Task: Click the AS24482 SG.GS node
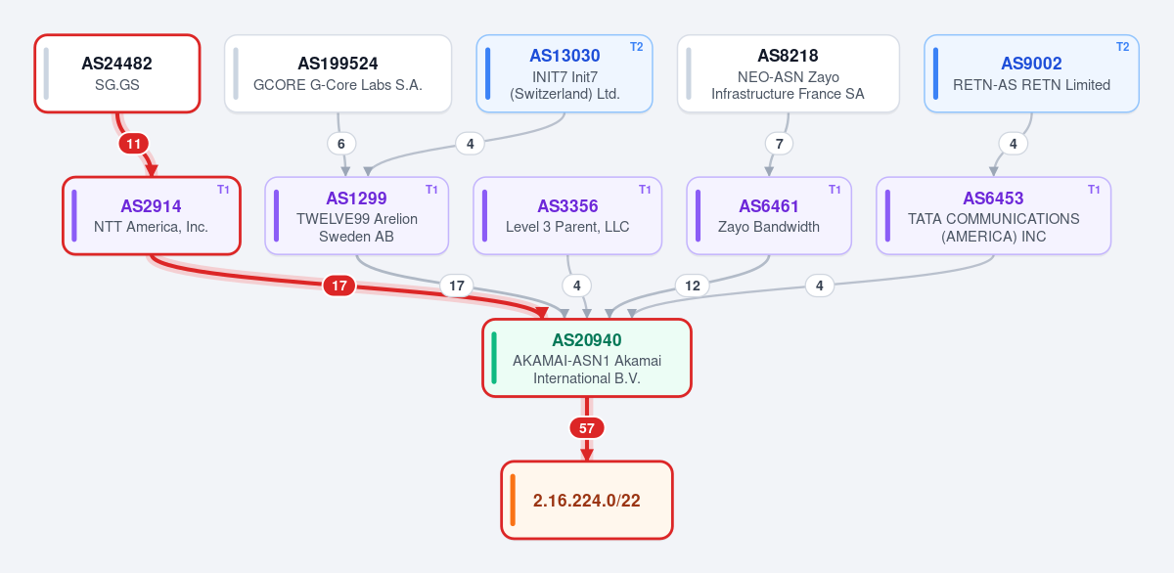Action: (117, 73)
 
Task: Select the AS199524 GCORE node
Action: (339, 73)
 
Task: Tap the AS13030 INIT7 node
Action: (564, 73)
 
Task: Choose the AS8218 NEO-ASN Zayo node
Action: (789, 73)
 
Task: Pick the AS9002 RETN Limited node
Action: (1031, 73)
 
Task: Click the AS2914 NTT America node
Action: (152, 216)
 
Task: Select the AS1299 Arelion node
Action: (356, 216)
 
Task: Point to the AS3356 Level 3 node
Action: (567, 216)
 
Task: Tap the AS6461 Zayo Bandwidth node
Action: (769, 216)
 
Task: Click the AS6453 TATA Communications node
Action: (993, 216)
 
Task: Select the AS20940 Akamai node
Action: (587, 358)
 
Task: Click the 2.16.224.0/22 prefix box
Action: (587, 501)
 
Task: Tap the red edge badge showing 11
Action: (134, 144)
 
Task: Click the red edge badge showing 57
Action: (587, 428)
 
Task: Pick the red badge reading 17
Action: (339, 286)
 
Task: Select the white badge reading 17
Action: (457, 286)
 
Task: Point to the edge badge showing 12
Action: (693, 286)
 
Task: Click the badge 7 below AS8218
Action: (780, 144)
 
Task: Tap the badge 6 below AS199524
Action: (341, 144)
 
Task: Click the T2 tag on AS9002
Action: (1123, 47)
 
